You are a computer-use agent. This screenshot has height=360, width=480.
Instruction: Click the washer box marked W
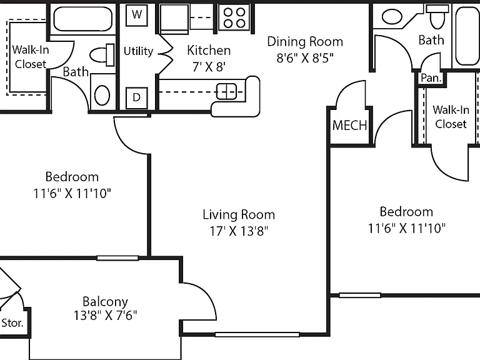[137, 14]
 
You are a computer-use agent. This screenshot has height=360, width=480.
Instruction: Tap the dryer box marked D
[136, 97]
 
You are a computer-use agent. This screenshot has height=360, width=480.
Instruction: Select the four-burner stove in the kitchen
[234, 17]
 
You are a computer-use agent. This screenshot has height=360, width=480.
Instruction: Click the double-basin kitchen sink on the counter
[226, 91]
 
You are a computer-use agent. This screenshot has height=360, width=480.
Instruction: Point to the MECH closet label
[349, 125]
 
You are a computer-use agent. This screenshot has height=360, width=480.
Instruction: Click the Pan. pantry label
[431, 77]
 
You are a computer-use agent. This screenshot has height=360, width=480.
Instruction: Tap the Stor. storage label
[12, 322]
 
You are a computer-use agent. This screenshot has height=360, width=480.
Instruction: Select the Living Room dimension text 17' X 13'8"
[239, 231]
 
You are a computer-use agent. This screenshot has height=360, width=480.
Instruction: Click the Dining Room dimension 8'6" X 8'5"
[305, 57]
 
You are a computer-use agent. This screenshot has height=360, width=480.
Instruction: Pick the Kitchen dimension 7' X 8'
[209, 66]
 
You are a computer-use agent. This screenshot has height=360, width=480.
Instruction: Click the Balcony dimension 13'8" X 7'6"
[105, 315]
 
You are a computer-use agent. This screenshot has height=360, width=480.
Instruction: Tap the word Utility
[138, 51]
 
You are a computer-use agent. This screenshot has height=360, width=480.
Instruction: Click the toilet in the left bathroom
[102, 55]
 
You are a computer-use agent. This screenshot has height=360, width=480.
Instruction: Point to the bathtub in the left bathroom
[83, 18]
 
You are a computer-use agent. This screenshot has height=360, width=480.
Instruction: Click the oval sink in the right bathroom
[392, 17]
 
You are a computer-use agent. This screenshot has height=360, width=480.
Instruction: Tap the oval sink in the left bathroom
[102, 95]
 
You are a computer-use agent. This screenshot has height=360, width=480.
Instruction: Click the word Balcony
[105, 302]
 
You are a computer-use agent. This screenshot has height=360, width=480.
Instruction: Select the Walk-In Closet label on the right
[451, 117]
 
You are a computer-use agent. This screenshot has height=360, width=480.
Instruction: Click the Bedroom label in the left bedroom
[72, 177]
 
